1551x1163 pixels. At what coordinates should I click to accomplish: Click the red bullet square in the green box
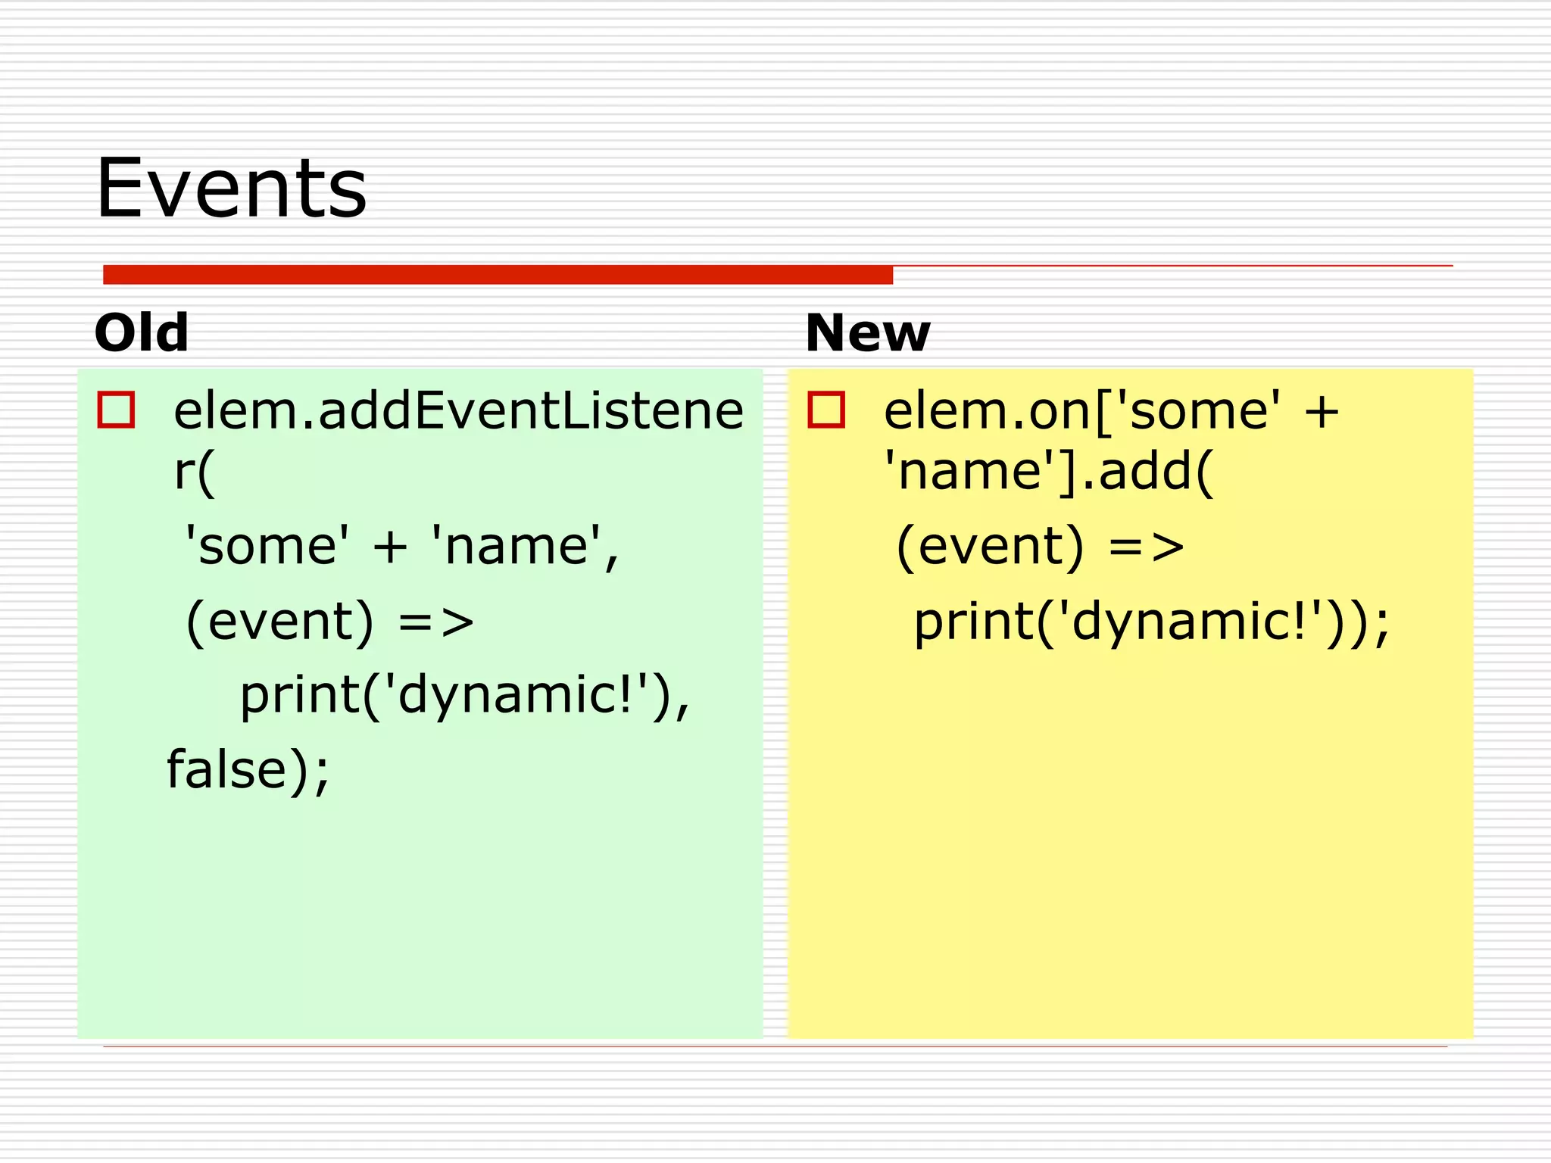coord(116,410)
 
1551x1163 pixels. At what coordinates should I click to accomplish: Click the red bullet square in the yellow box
coord(826,410)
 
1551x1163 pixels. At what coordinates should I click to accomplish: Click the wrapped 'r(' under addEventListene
coord(195,473)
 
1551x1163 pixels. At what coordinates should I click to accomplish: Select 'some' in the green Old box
coord(267,545)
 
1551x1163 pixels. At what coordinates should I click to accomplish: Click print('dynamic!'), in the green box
coord(464,695)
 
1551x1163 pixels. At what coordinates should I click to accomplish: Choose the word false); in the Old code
coord(248,769)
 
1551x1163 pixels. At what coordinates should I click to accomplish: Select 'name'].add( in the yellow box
coord(1049,472)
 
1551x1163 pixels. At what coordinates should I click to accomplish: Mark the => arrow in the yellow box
coord(1146,547)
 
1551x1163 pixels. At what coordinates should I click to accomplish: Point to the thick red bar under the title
coord(498,275)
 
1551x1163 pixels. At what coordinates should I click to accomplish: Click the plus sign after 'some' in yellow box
coord(1322,413)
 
